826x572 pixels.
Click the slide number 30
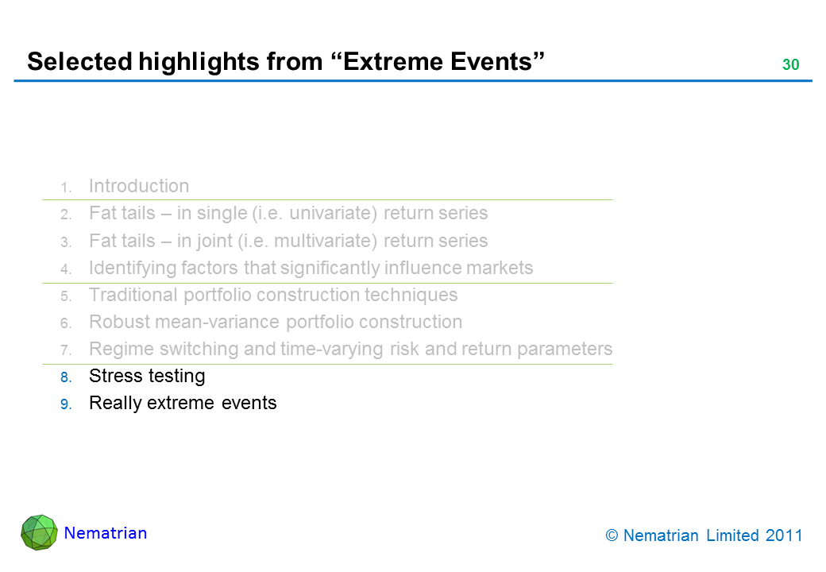tap(791, 65)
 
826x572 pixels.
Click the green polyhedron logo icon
tap(39, 532)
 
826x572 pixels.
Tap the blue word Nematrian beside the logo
tap(106, 533)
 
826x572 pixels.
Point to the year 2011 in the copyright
tap(784, 535)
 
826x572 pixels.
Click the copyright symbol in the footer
tap(612, 535)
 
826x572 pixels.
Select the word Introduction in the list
tap(139, 186)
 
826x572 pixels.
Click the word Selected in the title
tap(80, 62)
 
